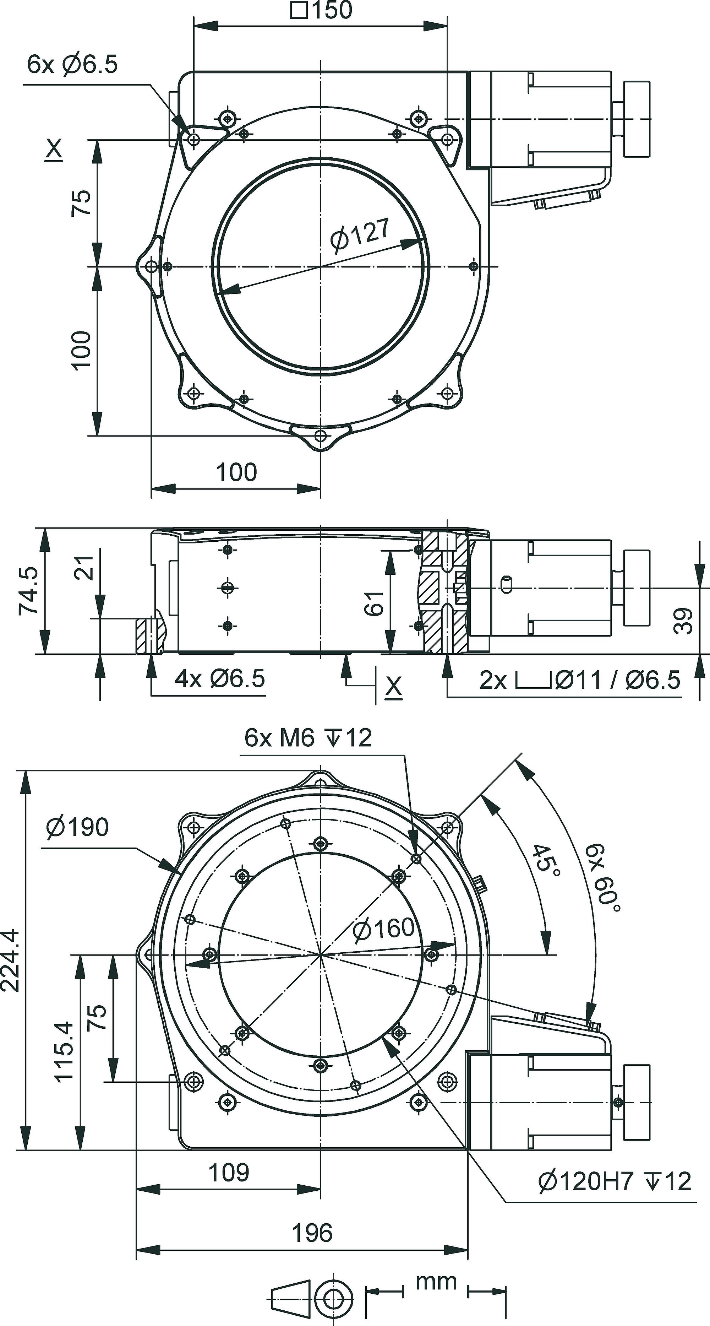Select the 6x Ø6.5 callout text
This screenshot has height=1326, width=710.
click(72, 65)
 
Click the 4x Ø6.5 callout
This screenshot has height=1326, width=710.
click(220, 679)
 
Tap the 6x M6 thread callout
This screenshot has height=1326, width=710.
click(308, 738)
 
